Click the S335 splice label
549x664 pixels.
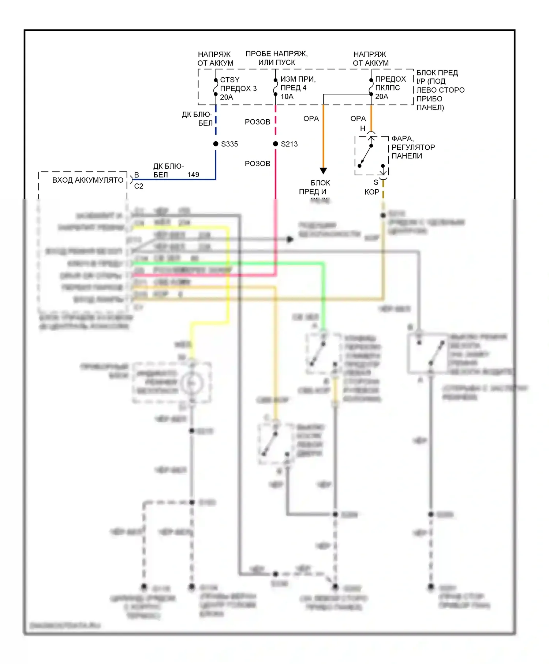pos(229,144)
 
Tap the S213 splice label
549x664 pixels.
pos(289,144)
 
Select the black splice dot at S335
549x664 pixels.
pos(216,144)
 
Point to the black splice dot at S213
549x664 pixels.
pos(276,144)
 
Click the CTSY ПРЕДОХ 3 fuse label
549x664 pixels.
pos(238,88)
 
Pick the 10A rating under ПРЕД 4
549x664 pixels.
pos(287,97)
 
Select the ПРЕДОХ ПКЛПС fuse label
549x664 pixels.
pos(390,83)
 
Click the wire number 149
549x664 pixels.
pos(193,175)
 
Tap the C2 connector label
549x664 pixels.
pos(139,186)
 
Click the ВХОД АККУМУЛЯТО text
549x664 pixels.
pos(88,180)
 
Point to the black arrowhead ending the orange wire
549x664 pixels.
pos(323,171)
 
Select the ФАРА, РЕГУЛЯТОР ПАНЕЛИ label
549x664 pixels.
pos(413,147)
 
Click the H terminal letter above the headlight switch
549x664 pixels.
pos(363,128)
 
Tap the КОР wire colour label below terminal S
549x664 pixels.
pos(372,192)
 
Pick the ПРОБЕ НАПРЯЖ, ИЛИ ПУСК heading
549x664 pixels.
pos(276,58)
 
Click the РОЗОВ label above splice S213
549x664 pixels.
pos(257,122)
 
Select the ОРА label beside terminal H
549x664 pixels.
pos(358,119)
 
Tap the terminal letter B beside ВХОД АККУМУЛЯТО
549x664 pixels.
pos(137,175)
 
